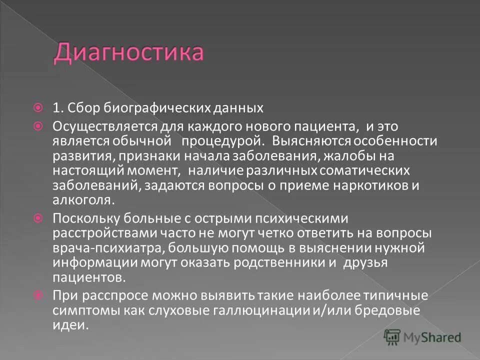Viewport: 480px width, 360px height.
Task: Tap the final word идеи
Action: click(x=70, y=325)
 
